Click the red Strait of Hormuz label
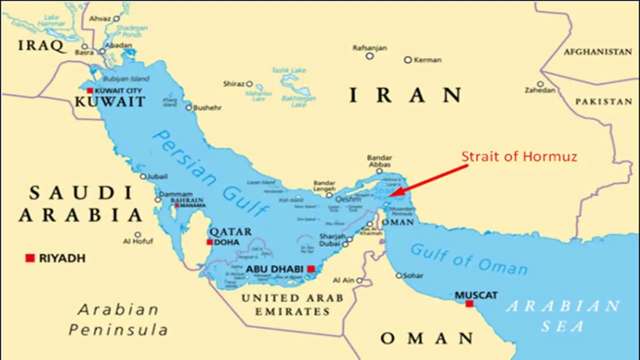[519, 156]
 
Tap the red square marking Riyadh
[30, 258]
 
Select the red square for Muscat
[469, 303]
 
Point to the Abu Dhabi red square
[310, 269]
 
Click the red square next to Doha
[209, 242]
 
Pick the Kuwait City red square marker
[89, 90]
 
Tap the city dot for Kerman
[407, 60]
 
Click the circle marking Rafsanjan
[369, 56]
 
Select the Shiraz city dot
[249, 84]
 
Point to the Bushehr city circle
[188, 107]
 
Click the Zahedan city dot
[540, 84]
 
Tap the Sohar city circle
[398, 275]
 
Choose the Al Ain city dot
[359, 280]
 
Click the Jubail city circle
[143, 176]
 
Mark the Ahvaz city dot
[116, 19]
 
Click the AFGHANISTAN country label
[597, 51]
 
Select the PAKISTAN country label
[603, 101]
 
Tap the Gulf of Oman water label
[468, 259]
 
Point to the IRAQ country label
[41, 46]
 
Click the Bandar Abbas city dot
[379, 171]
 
